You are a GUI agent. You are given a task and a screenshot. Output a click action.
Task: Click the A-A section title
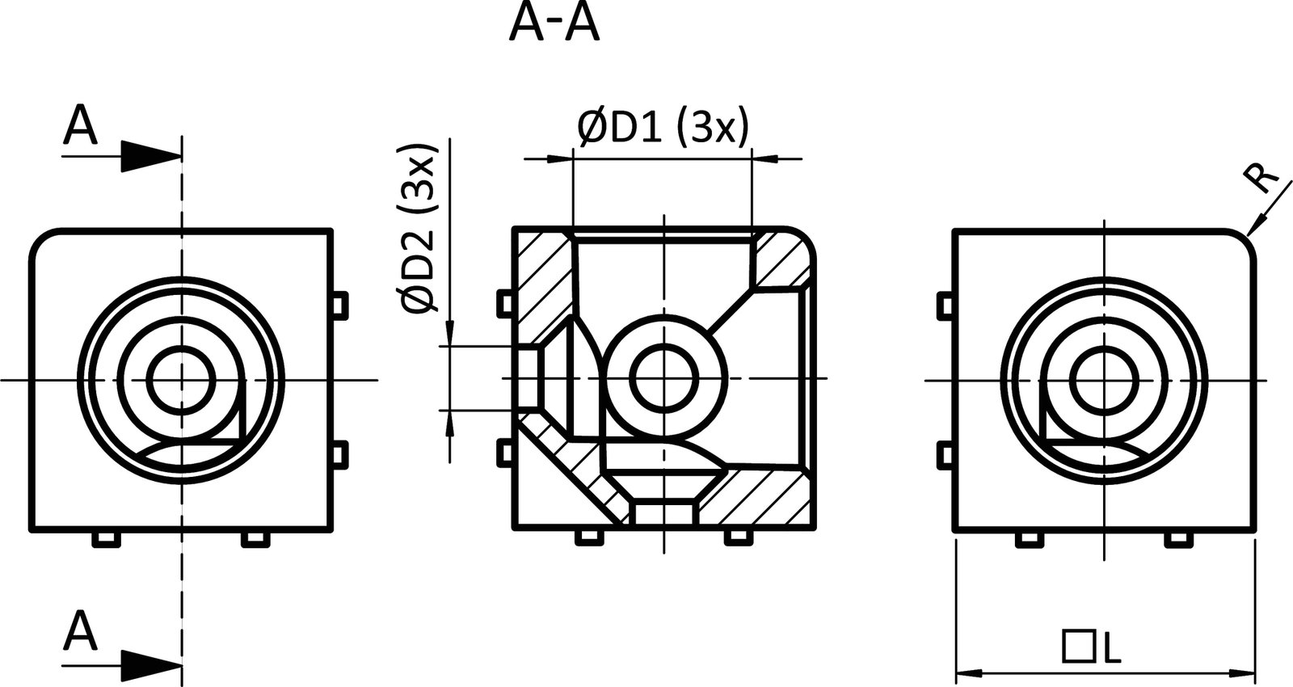pos(554,24)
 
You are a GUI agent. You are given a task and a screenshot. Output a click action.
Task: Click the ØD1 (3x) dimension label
pos(663,128)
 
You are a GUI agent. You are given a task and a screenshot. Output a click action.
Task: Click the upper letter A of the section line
pos(80,126)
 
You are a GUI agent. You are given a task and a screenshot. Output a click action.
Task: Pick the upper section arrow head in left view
pos(150,155)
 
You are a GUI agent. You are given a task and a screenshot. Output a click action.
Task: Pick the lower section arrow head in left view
pos(150,667)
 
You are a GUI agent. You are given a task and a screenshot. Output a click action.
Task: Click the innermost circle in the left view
pos(182,380)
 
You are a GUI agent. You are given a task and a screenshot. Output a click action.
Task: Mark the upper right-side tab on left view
pos(340,304)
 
